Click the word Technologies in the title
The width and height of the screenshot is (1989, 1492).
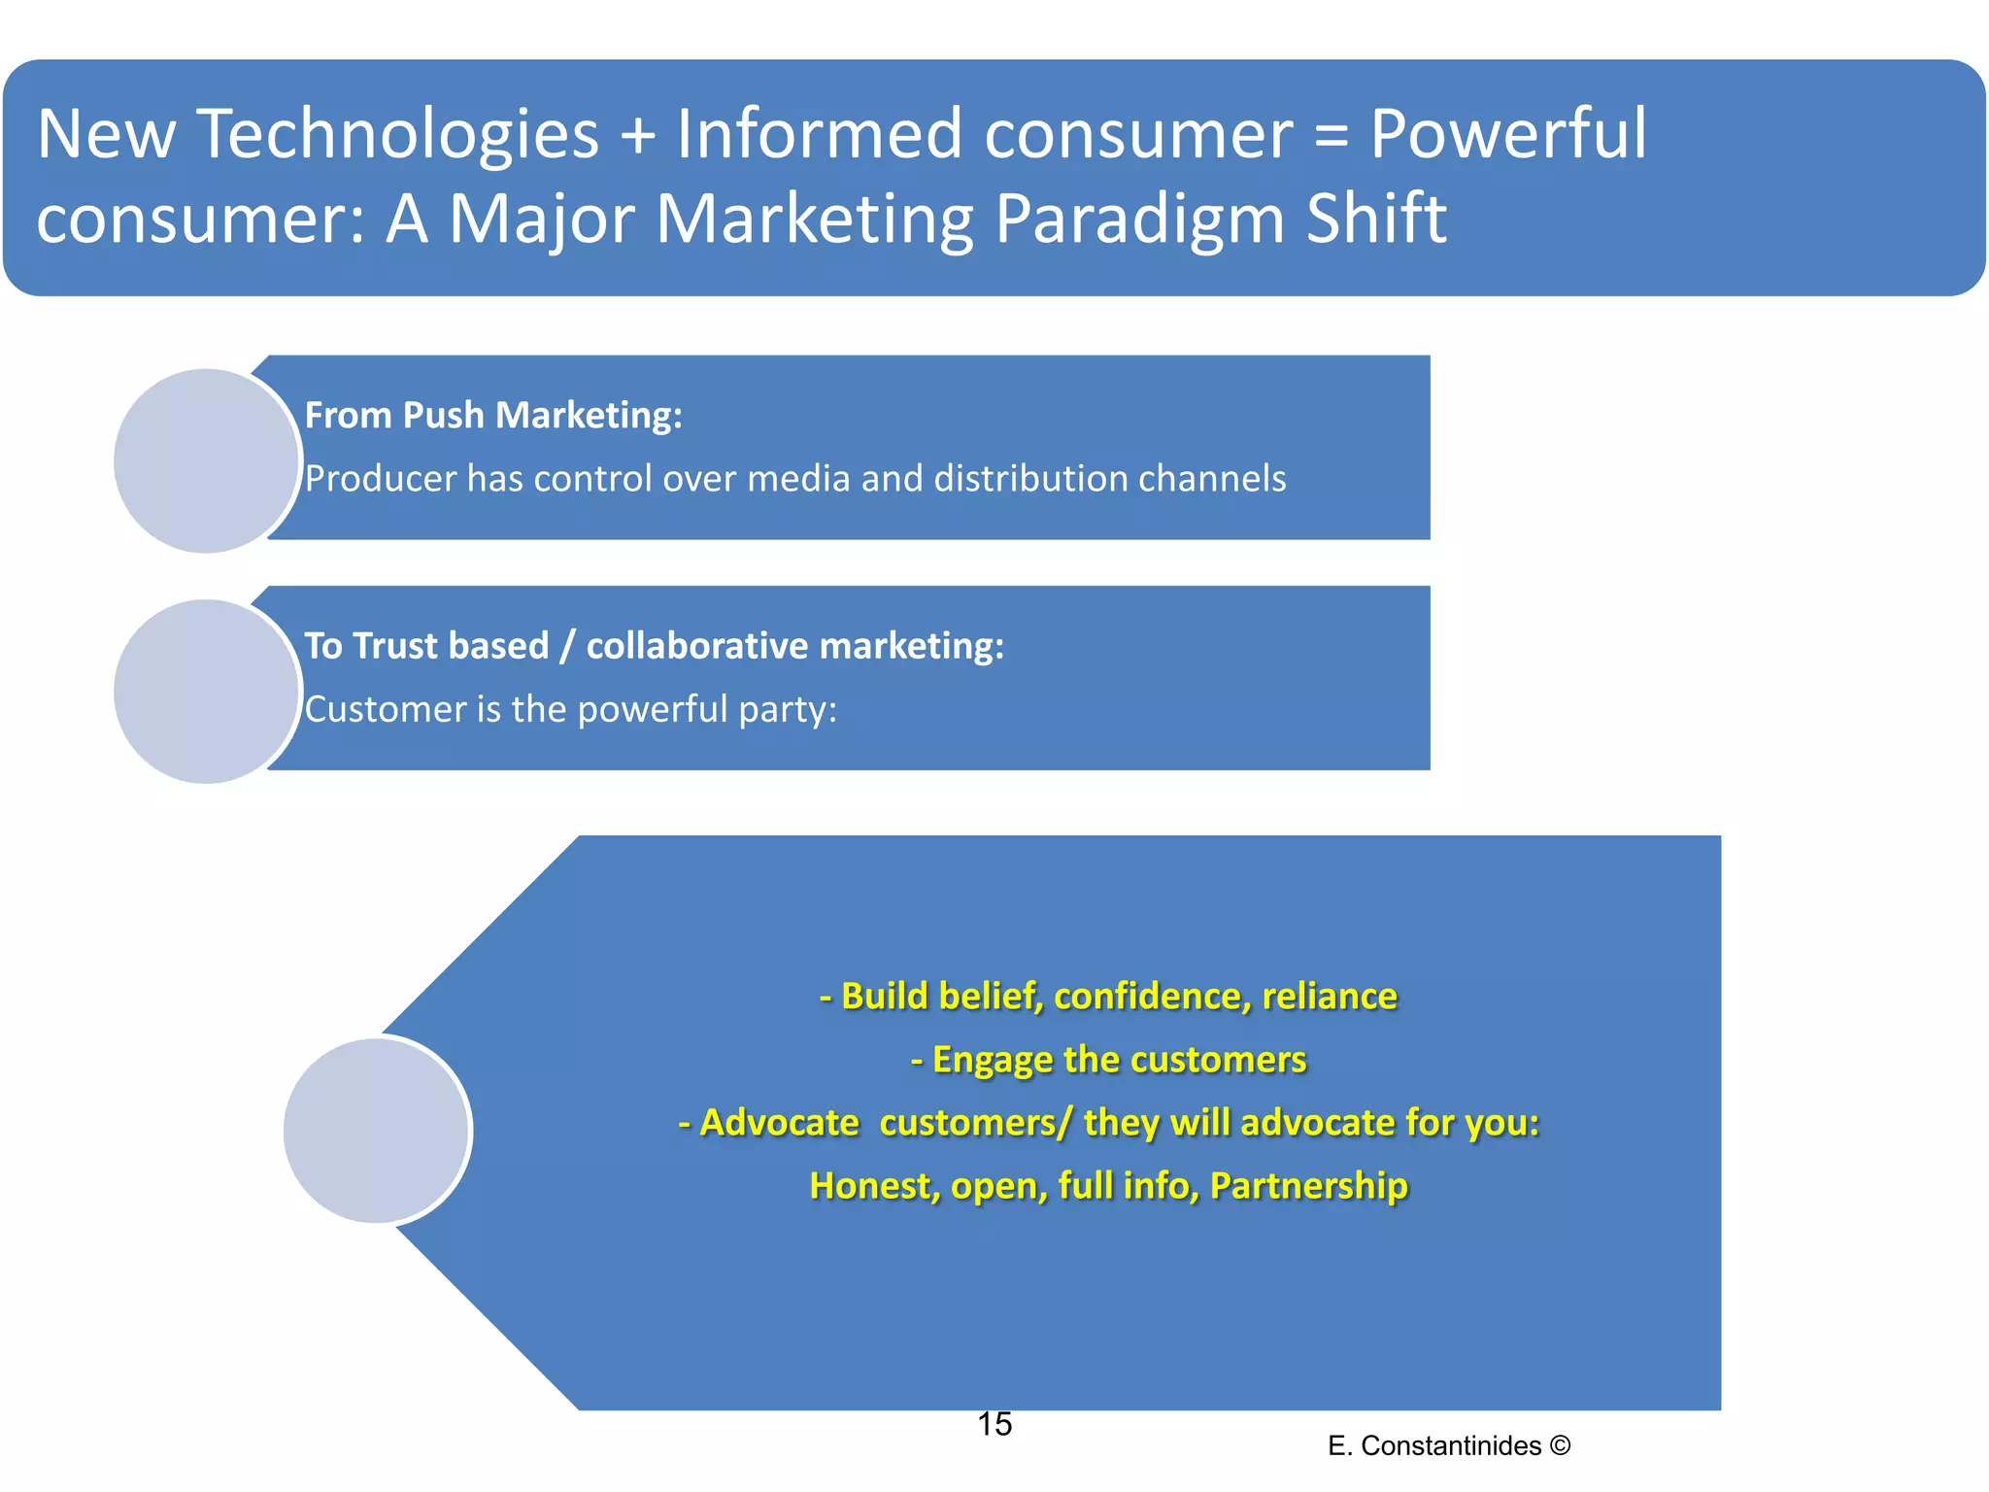(398, 134)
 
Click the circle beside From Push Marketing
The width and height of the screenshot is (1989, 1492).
(206, 460)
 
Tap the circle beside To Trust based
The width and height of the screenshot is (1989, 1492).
(206, 691)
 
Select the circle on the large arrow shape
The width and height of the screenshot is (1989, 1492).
(377, 1130)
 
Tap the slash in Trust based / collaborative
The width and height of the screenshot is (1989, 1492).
(567, 646)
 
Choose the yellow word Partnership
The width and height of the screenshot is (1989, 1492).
(1308, 1186)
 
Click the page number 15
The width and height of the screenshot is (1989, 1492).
(994, 1424)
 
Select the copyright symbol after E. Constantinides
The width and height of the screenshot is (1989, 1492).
(1560, 1445)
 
